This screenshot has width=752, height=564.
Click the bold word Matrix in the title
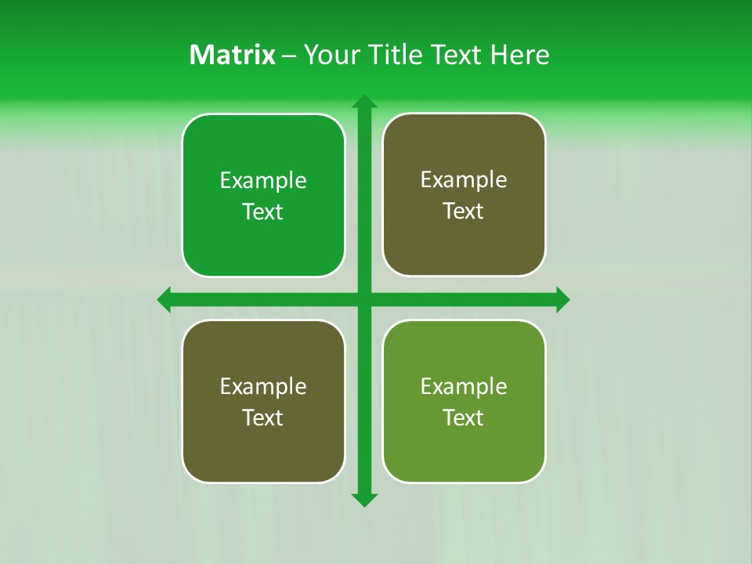232,55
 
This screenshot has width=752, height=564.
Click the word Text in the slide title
457,55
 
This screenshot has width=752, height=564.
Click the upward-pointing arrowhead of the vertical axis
363,103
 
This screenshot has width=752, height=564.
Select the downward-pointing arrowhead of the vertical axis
363,499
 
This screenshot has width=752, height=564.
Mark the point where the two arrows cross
363,299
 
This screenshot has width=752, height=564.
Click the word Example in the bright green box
263,181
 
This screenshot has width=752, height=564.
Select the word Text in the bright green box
263,212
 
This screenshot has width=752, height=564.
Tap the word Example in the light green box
464,386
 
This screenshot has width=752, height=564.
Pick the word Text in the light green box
464,418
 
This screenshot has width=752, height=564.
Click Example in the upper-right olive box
464,180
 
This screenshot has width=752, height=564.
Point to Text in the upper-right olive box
464,211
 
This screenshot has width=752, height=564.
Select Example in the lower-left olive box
263,386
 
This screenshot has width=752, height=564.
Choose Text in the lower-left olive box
263,418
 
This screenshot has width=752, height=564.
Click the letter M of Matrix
201,55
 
